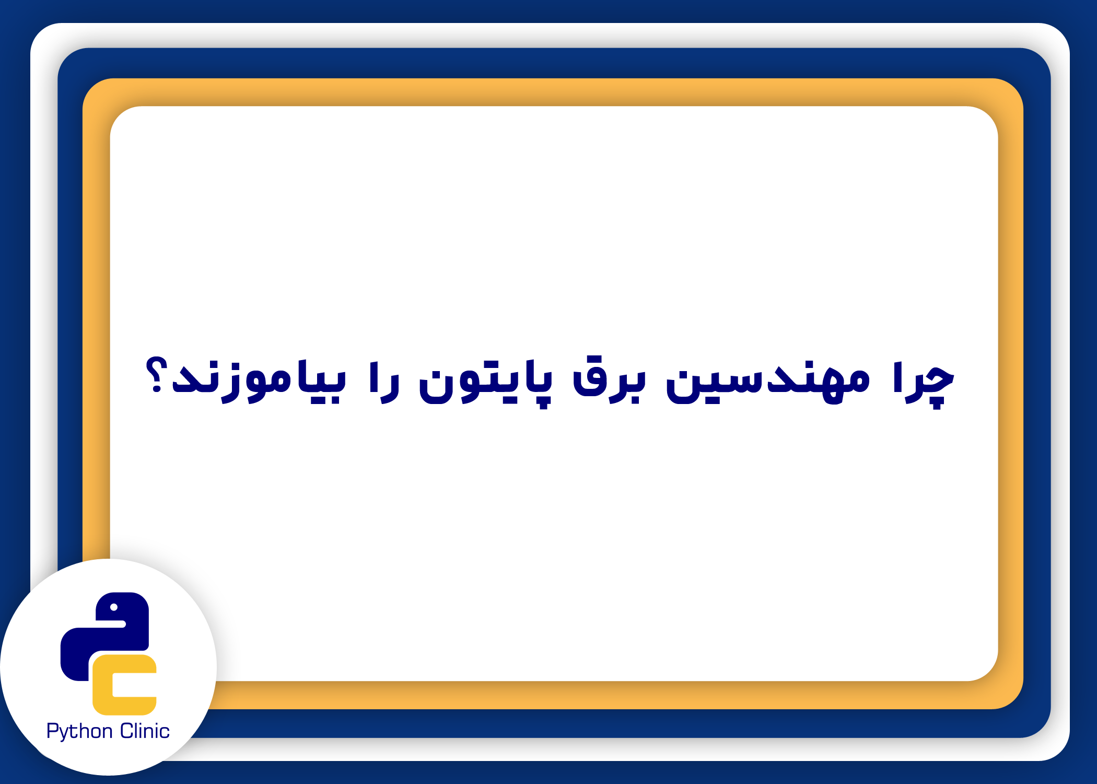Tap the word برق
tap(609, 380)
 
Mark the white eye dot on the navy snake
tap(114, 607)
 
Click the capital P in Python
tap(52, 731)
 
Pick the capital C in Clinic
tap(127, 731)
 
